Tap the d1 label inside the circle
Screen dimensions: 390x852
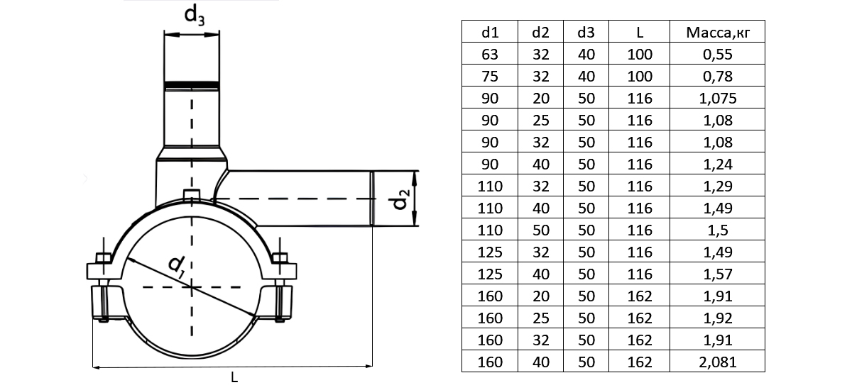(x=177, y=265)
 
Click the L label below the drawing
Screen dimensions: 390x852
(x=234, y=378)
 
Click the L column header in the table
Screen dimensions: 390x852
(x=640, y=33)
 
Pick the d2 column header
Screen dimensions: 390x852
(x=541, y=33)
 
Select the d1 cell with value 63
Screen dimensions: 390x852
(x=491, y=54)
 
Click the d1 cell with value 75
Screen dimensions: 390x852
(x=491, y=76)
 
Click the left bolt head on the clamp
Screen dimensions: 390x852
(x=101, y=258)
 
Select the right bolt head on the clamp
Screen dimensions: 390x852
(x=280, y=258)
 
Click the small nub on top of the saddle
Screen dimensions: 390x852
(x=190, y=195)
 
